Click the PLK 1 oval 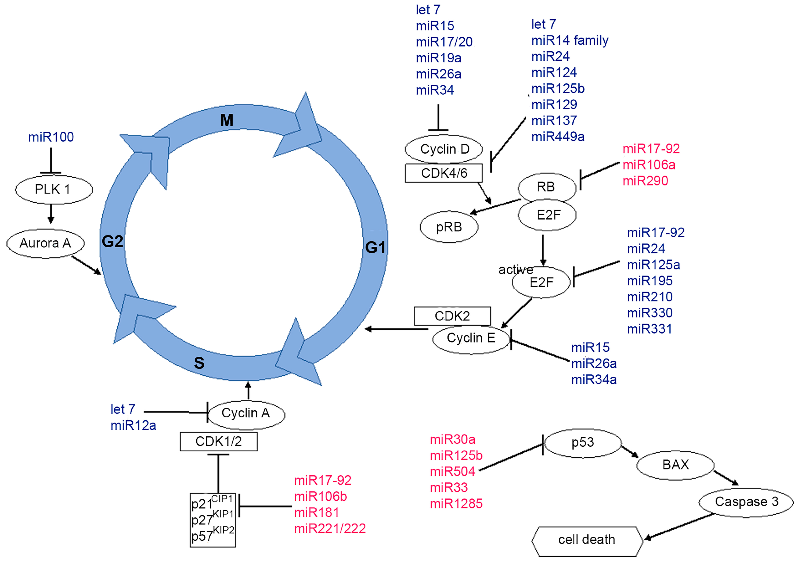pyautogui.click(x=54, y=189)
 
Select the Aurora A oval pyautogui.click(x=45, y=243)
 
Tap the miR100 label pyautogui.click(x=51, y=137)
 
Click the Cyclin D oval pyautogui.click(x=444, y=149)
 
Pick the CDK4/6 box pyautogui.click(x=444, y=173)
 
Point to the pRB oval pyautogui.click(x=449, y=227)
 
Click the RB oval pyautogui.click(x=546, y=187)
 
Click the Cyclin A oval pyautogui.click(x=246, y=414)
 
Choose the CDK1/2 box pyautogui.click(x=219, y=442)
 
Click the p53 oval pyautogui.click(x=583, y=443)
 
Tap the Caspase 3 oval pyautogui.click(x=746, y=502)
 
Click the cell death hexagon pyautogui.click(x=587, y=540)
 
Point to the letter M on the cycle pyautogui.click(x=227, y=120)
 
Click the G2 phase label pyautogui.click(x=112, y=242)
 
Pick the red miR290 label pyautogui.click(x=645, y=181)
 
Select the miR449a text pyautogui.click(x=558, y=137)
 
